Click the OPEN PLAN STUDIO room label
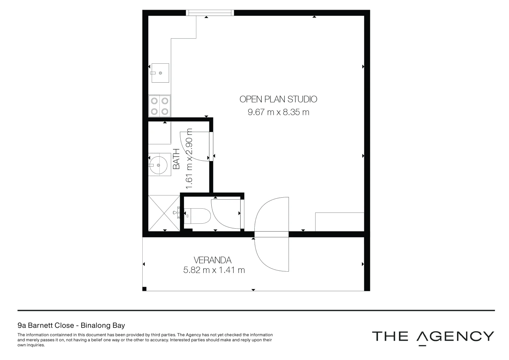(x=278, y=99)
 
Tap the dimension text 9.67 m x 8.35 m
(x=278, y=112)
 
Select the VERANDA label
(x=212, y=260)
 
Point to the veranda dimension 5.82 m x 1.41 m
(x=214, y=270)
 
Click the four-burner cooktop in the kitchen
(x=159, y=106)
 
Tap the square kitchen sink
(x=160, y=73)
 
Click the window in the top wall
(x=210, y=13)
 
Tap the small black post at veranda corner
(x=144, y=289)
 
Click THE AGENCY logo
(x=433, y=337)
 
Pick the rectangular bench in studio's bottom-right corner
(x=339, y=222)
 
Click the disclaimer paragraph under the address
(x=145, y=340)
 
